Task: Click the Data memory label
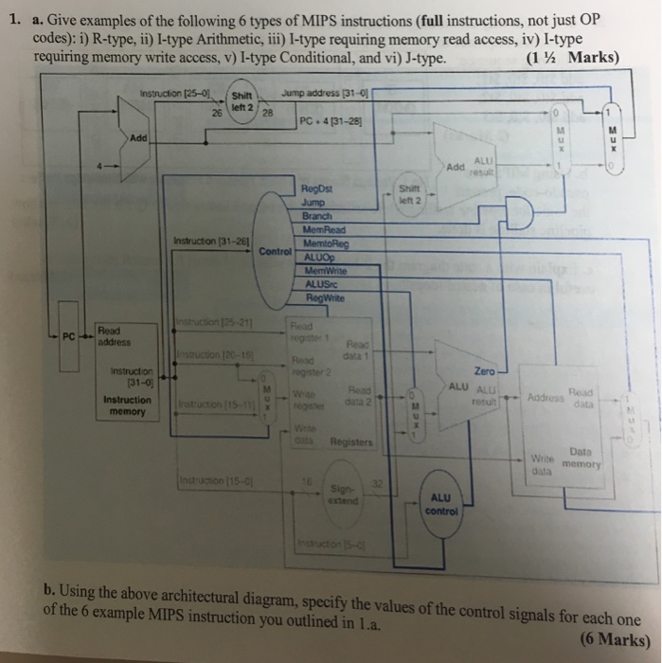574,458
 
